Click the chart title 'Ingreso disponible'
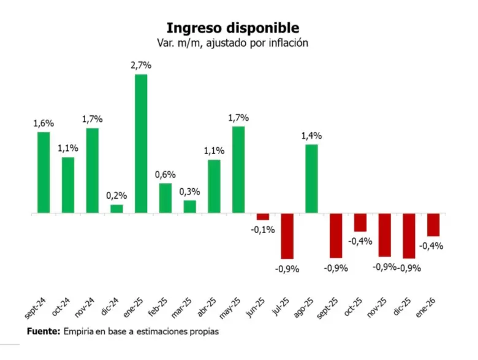(x=233, y=28)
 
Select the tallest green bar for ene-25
(x=141, y=144)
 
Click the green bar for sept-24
(x=44, y=173)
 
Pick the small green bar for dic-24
(x=116, y=209)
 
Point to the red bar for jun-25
(x=263, y=216)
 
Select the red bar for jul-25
(x=287, y=236)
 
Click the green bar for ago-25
(x=312, y=179)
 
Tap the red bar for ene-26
(x=433, y=225)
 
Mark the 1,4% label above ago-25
(x=311, y=136)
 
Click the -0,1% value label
(x=263, y=230)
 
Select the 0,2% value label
(x=116, y=196)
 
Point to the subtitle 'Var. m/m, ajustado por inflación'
(x=233, y=43)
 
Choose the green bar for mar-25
(x=190, y=207)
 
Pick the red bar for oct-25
(x=360, y=223)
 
